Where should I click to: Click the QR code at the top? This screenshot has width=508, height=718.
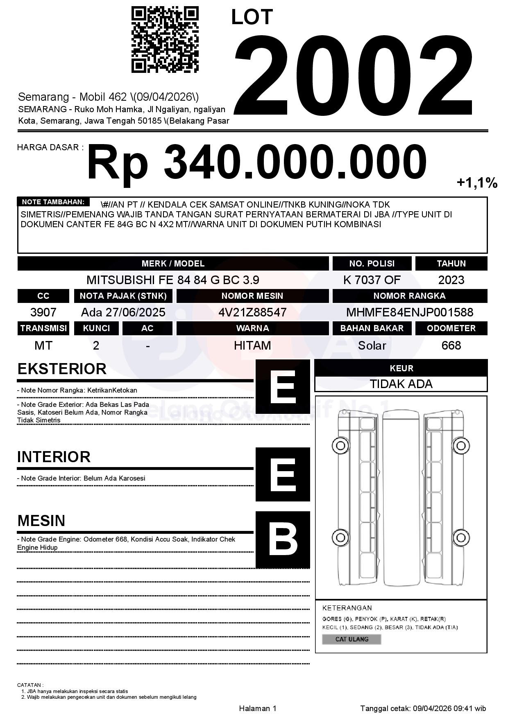165,39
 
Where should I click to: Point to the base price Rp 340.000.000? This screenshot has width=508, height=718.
256,163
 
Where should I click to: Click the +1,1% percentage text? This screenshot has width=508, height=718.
477,183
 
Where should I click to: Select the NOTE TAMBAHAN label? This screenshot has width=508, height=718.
53,202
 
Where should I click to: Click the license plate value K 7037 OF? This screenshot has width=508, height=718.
372,280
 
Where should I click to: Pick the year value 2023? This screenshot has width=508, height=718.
451,280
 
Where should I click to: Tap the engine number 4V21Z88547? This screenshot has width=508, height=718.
252,312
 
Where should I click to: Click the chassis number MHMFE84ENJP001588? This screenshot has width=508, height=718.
410,312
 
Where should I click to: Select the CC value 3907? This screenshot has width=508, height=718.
43,312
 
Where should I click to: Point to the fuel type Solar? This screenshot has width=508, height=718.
372,345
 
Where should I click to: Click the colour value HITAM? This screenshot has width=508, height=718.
252,345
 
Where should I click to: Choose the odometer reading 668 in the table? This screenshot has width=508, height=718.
451,345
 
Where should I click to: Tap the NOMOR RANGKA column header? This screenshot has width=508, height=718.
410,296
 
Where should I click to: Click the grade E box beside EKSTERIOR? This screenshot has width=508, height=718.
283,386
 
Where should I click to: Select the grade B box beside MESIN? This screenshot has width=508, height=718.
283,539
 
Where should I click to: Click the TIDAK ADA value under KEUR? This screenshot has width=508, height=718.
401,384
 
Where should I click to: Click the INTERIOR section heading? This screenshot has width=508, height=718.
54,457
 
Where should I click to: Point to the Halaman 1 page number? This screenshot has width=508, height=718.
258,709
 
